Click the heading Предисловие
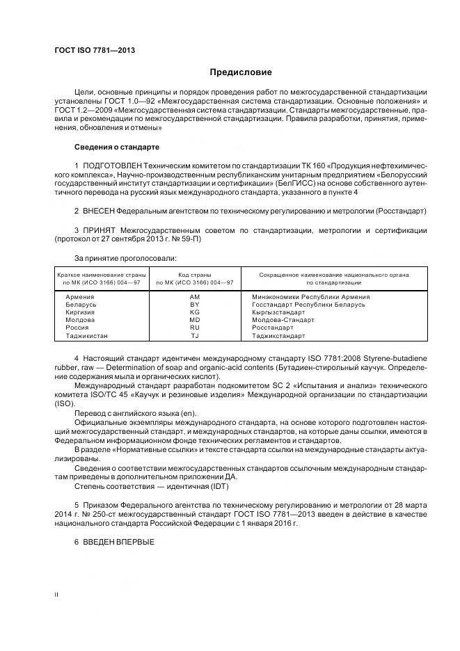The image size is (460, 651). coord(241,72)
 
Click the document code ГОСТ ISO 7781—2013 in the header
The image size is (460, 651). coord(95,50)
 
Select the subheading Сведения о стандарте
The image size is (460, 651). coord(117,147)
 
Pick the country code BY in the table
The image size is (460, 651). coord(194,305)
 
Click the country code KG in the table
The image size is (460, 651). coord(194,312)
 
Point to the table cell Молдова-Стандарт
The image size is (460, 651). coord(283,320)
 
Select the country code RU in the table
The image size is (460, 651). coord(194,328)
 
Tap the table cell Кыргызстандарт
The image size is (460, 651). coord(278,312)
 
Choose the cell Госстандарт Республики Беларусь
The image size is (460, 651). coord(308,305)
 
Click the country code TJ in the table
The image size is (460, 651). coord(194,336)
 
